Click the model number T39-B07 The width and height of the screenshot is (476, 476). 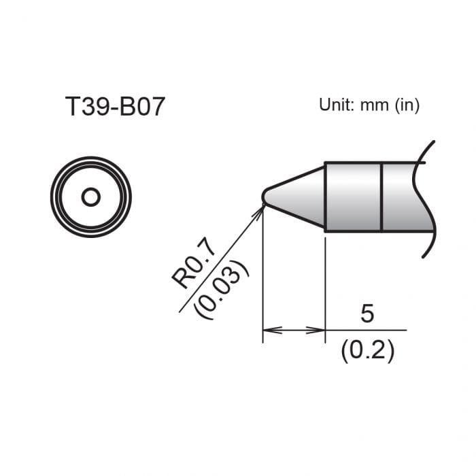pyautogui.click(x=115, y=107)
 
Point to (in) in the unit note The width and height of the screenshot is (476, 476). pyautogui.click(x=407, y=105)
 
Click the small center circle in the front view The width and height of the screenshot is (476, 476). pyautogui.click(x=90, y=197)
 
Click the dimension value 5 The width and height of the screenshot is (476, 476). pyautogui.click(x=367, y=314)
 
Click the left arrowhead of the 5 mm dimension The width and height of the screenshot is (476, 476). pyautogui.click(x=269, y=330)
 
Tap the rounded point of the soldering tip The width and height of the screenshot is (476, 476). pyautogui.click(x=265, y=197)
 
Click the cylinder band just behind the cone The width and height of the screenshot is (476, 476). pyautogui.click(x=353, y=197)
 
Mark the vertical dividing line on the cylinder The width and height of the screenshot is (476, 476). pyautogui.click(x=382, y=197)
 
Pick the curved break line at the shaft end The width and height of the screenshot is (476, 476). pyautogui.click(x=423, y=197)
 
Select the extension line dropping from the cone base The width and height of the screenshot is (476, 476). pyautogui.click(x=325, y=286)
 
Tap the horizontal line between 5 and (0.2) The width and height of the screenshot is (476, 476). pyautogui.click(x=367, y=330)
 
